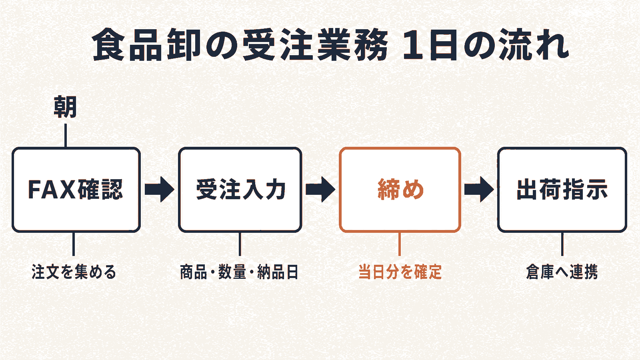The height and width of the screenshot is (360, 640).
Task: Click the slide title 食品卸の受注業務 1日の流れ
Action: coord(330,45)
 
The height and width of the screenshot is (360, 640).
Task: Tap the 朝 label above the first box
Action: coord(65,107)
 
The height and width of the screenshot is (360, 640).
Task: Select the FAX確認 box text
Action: coord(76,190)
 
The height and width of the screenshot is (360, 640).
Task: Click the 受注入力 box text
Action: coord(240,190)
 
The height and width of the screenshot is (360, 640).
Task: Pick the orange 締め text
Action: coord(400,190)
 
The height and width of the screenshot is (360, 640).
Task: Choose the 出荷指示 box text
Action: coord(562,190)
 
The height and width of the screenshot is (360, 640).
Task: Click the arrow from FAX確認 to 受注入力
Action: coord(160,190)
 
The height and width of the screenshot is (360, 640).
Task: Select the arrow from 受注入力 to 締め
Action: coord(320,190)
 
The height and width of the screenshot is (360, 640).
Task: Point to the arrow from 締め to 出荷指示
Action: coord(479,190)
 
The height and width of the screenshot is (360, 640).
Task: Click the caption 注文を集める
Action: coord(74,272)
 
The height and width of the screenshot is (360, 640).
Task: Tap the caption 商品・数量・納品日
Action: coord(239,272)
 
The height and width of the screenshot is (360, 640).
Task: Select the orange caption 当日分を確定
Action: coord(400,272)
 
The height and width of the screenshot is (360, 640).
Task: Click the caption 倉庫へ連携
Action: coord(562,272)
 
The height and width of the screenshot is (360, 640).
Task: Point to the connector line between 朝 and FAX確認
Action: coord(66,136)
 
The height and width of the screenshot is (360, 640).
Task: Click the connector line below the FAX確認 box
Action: coord(74,244)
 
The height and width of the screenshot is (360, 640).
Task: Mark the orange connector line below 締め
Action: coord(400,244)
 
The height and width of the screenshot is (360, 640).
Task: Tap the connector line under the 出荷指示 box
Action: coord(562,244)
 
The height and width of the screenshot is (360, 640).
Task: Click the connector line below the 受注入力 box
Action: coord(240,244)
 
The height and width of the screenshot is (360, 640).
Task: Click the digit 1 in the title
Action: coord(414,45)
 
